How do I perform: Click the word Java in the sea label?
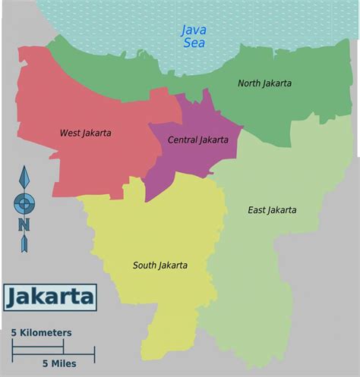pyautogui.click(x=194, y=30)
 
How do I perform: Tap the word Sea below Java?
pyautogui.click(x=194, y=43)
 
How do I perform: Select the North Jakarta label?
pyautogui.click(x=264, y=83)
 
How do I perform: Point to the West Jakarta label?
pyautogui.click(x=85, y=133)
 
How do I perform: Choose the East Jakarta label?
pyautogui.click(x=272, y=209)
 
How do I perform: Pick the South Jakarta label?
pyautogui.click(x=159, y=265)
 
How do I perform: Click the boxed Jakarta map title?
pyautogui.click(x=50, y=297)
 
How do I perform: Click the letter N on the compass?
pyautogui.click(x=24, y=225)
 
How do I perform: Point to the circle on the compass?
pyautogui.click(x=24, y=203)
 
